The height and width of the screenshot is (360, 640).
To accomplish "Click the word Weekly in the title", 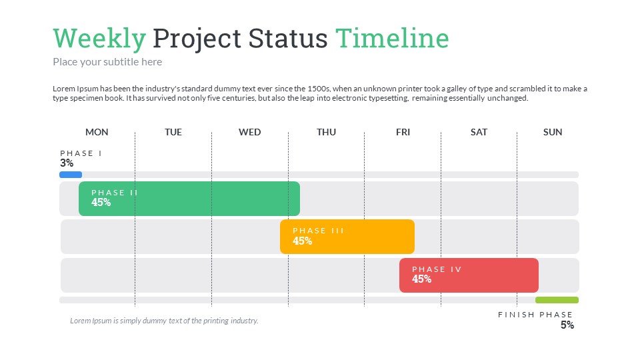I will point(99,39).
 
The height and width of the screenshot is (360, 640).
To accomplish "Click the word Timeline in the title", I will point(392,39).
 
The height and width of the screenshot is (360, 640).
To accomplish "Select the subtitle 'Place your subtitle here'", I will point(107,62).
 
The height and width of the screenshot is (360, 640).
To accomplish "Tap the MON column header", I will point(97,132).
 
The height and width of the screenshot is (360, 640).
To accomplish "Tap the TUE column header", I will point(173,132).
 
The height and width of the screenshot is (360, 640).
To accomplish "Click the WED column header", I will point(250,132).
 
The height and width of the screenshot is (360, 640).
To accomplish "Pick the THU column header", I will point(326,132).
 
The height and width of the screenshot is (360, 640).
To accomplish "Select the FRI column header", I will point(403,132).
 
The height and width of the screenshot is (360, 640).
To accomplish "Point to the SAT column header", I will point(479,132).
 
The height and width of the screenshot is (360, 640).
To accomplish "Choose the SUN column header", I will point(553,132).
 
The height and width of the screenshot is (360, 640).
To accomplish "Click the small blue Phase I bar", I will point(71,175).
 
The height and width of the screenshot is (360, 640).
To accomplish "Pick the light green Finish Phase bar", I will point(557,300).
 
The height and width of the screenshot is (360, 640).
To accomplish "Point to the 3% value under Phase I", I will point(67,163).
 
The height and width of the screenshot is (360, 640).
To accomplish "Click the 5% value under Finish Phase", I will point(567,325).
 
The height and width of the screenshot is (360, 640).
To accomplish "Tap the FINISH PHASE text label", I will point(535,315).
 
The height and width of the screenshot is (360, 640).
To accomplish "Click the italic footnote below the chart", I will point(164,321).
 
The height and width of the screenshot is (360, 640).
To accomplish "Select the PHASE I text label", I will point(81,153).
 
